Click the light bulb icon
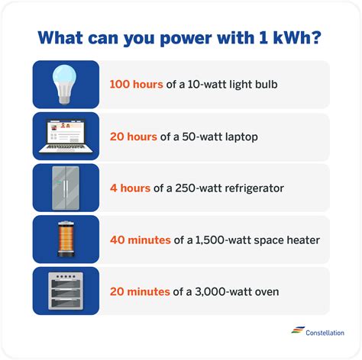coord(66,83)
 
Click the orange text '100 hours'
coord(137,84)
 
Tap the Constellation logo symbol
coord(297,330)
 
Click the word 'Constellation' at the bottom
coord(325,332)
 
